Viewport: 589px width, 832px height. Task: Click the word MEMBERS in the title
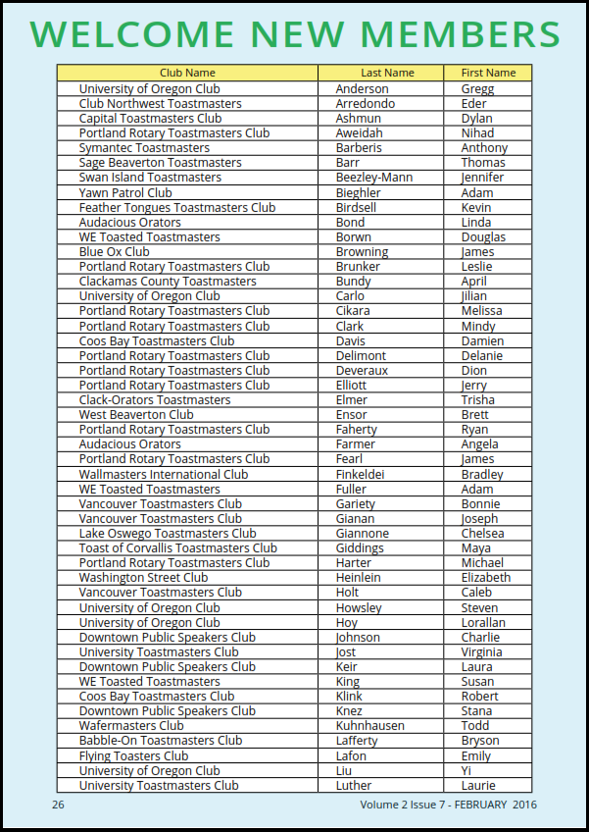[x=450, y=35]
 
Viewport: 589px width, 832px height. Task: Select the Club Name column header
[x=187, y=73]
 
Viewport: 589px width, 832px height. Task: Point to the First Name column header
[x=487, y=73]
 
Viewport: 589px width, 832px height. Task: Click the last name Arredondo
[x=365, y=103]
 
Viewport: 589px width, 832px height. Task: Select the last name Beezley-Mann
[x=374, y=178]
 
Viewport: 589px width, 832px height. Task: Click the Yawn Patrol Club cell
[x=125, y=192]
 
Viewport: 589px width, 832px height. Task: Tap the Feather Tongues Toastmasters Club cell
[x=177, y=207]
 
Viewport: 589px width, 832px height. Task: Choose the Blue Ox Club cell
[x=115, y=252]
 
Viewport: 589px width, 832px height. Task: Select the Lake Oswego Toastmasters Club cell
[x=168, y=534]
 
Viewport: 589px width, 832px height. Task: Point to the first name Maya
[x=476, y=548]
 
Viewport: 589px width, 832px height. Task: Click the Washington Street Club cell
[x=143, y=578]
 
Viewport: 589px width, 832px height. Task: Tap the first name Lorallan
[x=483, y=622]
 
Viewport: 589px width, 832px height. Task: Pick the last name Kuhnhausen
[x=376, y=726]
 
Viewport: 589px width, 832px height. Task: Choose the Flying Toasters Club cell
[x=133, y=755]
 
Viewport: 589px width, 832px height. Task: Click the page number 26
[x=59, y=806]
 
